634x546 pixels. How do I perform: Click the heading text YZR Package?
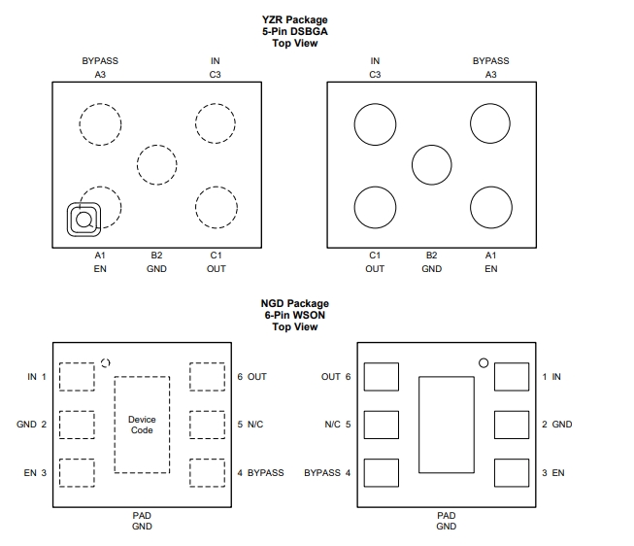tap(294, 19)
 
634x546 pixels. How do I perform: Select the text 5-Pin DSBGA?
tap(295, 31)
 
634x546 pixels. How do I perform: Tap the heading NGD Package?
tap(295, 303)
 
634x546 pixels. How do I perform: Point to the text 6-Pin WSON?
tap(295, 316)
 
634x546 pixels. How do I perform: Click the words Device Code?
tap(142, 425)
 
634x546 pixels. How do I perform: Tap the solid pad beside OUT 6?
tap(382, 377)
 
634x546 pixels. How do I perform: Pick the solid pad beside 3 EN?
tap(512, 473)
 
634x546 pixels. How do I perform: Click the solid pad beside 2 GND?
tap(512, 425)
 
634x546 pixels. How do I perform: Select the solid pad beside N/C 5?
tap(382, 425)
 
